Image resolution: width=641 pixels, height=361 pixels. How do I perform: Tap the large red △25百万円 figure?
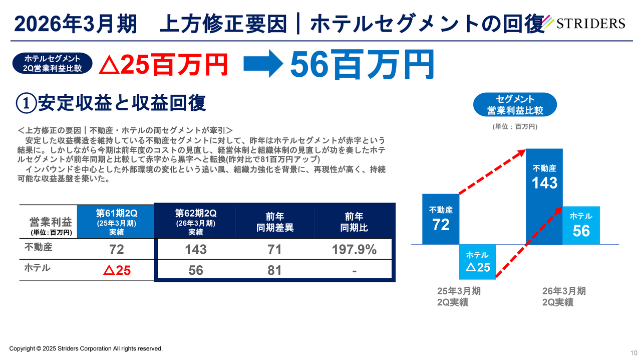[163, 65]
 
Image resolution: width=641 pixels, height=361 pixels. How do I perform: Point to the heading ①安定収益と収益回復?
[111, 103]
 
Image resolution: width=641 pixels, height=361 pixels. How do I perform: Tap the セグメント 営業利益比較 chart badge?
[515, 105]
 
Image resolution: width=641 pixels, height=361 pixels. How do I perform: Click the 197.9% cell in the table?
[354, 249]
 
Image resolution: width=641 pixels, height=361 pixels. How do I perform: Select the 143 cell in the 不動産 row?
[195, 249]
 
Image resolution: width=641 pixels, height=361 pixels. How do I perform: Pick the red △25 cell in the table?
[117, 271]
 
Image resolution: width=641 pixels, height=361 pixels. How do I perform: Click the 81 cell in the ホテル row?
[274, 271]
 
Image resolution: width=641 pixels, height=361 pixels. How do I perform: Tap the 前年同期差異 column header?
[274, 222]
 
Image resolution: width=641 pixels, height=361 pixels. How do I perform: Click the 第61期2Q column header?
[116, 222]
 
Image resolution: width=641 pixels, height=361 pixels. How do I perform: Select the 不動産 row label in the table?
[39, 247]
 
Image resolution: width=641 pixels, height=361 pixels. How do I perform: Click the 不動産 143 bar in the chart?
[544, 196]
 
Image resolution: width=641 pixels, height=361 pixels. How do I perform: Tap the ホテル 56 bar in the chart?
[581, 225]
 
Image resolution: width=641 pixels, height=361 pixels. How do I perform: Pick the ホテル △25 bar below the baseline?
[477, 262]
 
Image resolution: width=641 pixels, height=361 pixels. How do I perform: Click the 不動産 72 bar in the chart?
[441, 219]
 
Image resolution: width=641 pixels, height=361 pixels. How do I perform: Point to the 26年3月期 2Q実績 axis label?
[564, 297]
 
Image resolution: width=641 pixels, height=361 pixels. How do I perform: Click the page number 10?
[633, 352]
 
